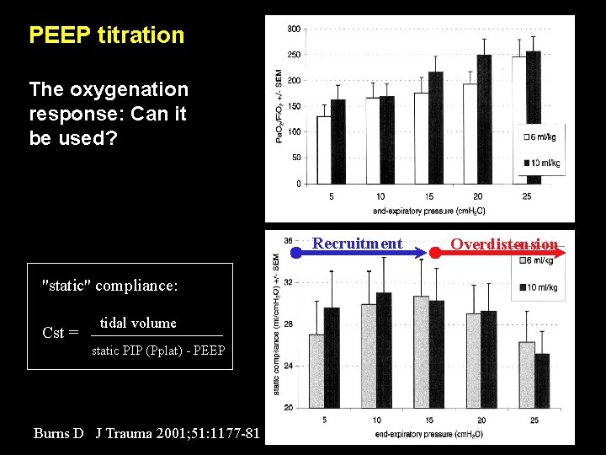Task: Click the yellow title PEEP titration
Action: pyautogui.click(x=106, y=35)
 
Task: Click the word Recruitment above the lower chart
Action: pyautogui.click(x=358, y=244)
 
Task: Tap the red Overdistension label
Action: pyautogui.click(x=503, y=244)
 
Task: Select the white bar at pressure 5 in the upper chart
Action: pyautogui.click(x=323, y=150)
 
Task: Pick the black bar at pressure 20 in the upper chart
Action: pyautogui.click(x=484, y=118)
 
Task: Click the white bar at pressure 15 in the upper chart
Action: pyautogui.click(x=422, y=138)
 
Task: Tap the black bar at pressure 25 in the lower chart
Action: pyautogui.click(x=542, y=381)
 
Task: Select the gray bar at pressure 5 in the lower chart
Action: pyautogui.click(x=316, y=371)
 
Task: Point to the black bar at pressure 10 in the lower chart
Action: pyautogui.click(x=384, y=350)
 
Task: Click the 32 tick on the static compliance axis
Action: pyautogui.click(x=289, y=282)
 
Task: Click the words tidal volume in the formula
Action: pyautogui.click(x=138, y=323)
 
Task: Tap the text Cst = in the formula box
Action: pyautogui.click(x=60, y=333)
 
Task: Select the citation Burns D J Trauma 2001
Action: pyautogui.click(x=147, y=434)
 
